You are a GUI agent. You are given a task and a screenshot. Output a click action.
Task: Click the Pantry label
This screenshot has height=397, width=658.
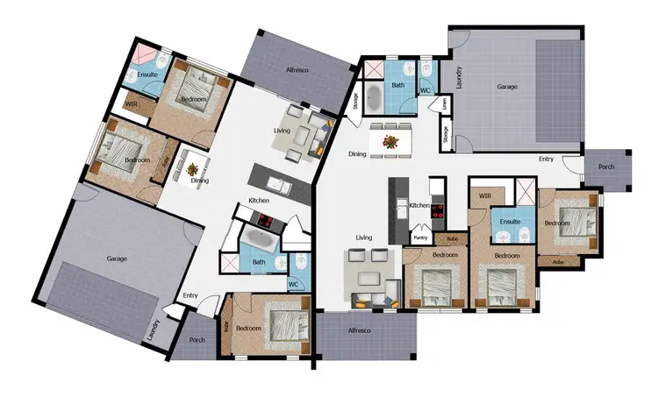coord(419,237)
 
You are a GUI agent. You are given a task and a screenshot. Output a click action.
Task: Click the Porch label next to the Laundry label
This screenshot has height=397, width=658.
coord(197,341)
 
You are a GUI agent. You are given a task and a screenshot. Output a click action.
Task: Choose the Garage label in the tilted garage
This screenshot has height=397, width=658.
coord(117,259)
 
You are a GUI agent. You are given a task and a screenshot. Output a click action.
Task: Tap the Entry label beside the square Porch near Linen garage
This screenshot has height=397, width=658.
coord(546,160)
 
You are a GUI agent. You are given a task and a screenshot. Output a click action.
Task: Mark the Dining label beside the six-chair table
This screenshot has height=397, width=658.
coord(358,154)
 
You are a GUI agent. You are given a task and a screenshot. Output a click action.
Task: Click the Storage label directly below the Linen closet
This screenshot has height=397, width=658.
coord(447,134)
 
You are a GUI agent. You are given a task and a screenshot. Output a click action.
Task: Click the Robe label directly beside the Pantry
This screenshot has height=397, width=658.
coord(451,238)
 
